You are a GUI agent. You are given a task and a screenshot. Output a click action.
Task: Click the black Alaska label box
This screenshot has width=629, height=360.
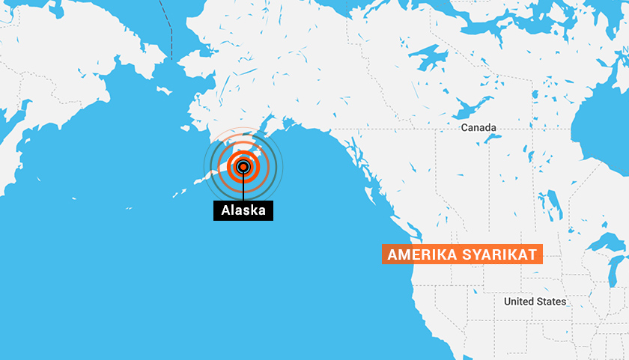(x=243, y=210)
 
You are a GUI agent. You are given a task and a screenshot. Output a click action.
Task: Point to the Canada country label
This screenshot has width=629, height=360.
(x=478, y=128)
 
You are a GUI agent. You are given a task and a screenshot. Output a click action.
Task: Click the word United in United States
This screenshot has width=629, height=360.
(x=519, y=302)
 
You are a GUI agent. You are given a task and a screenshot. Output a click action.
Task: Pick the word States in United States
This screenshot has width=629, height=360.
(x=552, y=302)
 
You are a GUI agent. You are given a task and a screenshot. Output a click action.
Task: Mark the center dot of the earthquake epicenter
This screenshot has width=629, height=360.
(x=243, y=167)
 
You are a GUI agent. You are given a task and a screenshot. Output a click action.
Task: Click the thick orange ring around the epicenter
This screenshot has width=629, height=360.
(x=255, y=167)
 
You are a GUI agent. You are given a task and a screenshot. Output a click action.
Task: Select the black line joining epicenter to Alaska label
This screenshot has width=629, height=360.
(x=243, y=189)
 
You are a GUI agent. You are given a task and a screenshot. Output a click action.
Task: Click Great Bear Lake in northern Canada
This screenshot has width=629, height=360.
(x=428, y=58)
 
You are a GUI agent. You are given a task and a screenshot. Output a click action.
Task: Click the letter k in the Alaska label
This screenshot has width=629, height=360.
(x=252, y=210)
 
